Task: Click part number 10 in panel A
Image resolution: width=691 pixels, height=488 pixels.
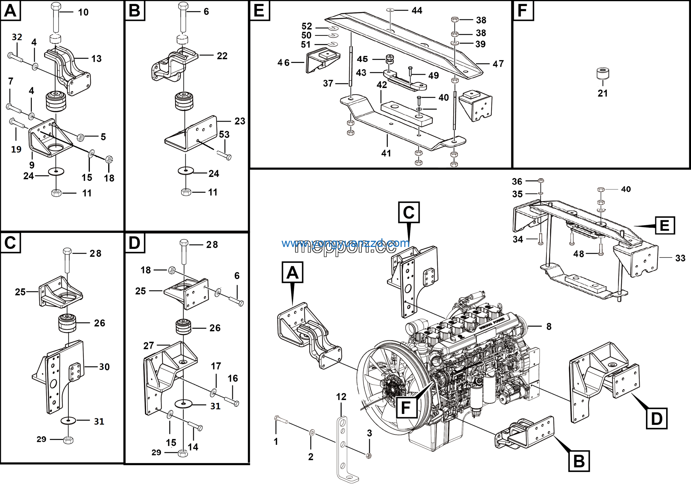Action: (83, 12)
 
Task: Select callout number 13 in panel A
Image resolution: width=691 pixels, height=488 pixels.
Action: (96, 59)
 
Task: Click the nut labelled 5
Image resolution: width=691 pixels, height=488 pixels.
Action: (80, 137)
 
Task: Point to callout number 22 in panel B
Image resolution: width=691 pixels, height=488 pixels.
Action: (222, 56)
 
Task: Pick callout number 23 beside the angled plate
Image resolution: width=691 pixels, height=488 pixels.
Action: (240, 121)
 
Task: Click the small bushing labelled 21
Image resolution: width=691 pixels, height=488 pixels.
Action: (602, 73)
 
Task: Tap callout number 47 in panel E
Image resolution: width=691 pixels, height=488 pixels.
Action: (498, 64)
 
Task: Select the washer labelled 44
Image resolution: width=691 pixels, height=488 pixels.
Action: (390, 10)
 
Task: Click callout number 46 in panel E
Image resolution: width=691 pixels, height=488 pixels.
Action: (283, 63)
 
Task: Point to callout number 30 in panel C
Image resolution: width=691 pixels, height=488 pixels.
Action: (104, 367)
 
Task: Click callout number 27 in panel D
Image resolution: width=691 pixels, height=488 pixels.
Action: (149, 346)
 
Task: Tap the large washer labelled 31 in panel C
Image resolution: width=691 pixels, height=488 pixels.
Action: (69, 420)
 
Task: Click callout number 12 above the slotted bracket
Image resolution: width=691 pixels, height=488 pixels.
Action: (341, 397)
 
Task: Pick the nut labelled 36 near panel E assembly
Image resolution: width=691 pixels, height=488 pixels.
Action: (541, 181)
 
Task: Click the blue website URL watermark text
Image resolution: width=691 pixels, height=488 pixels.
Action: (345, 243)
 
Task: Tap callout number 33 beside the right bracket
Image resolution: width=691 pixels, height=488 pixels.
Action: (680, 258)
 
